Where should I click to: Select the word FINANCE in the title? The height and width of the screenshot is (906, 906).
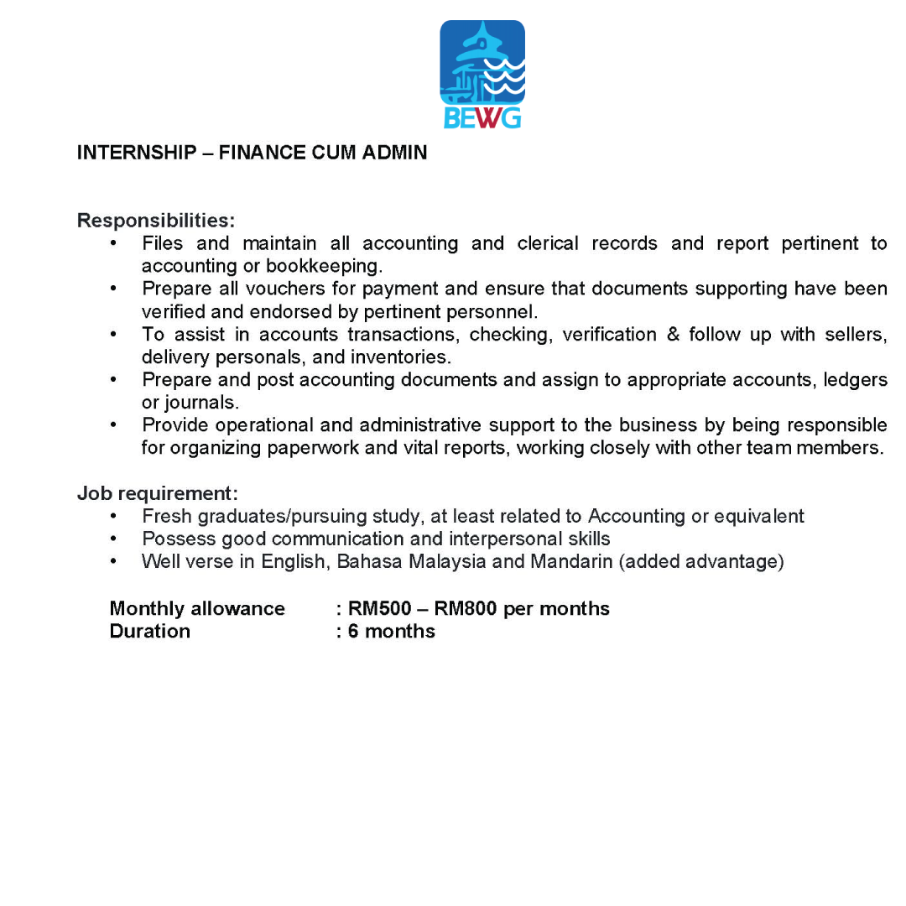click(258, 153)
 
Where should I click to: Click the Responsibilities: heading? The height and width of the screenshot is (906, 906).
click(156, 221)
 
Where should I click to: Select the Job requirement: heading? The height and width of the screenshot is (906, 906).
click(158, 492)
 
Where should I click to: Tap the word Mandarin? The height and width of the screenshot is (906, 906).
click(571, 561)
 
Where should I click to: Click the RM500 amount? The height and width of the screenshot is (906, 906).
click(379, 608)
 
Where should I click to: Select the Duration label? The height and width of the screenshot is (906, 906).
click(149, 631)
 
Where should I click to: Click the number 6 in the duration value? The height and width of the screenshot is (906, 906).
click(353, 631)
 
